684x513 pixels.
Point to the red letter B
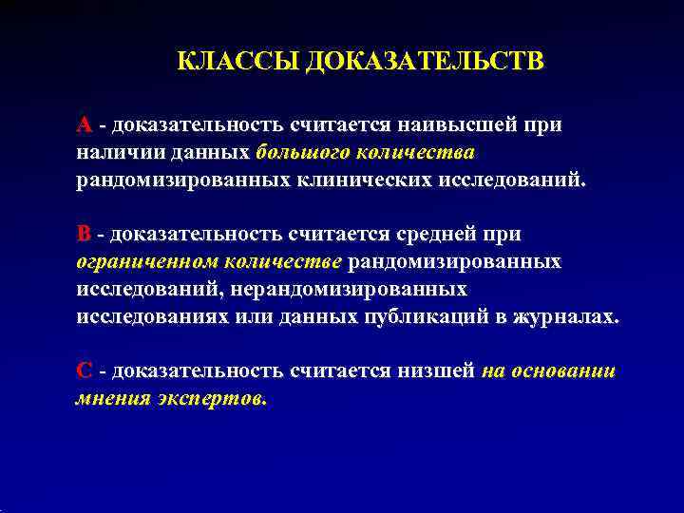click(x=84, y=234)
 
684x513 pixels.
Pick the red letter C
click(x=84, y=370)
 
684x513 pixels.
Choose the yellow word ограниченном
click(x=141, y=261)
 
